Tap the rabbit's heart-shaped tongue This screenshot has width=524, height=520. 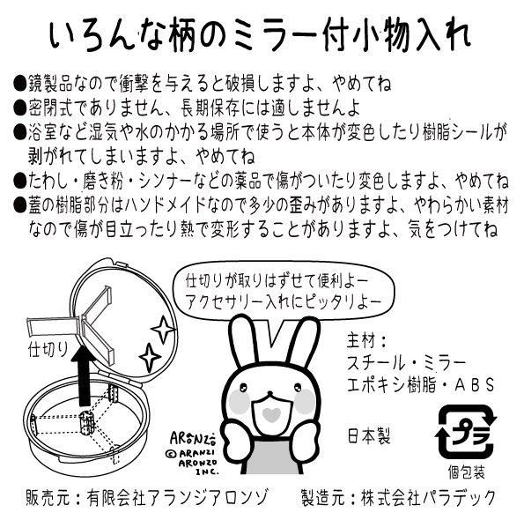[x=271, y=414]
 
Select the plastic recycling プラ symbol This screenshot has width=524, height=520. [x=466, y=431]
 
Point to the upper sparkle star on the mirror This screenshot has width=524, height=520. [x=164, y=329]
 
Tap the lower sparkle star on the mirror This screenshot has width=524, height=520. [x=150, y=356]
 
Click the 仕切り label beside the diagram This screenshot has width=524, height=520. [x=48, y=350]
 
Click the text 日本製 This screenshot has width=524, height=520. [x=369, y=435]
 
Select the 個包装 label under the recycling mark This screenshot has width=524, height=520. [x=466, y=472]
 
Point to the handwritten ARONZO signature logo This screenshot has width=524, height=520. [x=193, y=438]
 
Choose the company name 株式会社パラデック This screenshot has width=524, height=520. [x=428, y=497]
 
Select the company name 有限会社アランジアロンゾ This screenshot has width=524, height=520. [x=177, y=498]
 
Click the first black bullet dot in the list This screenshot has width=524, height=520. [x=20, y=85]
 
